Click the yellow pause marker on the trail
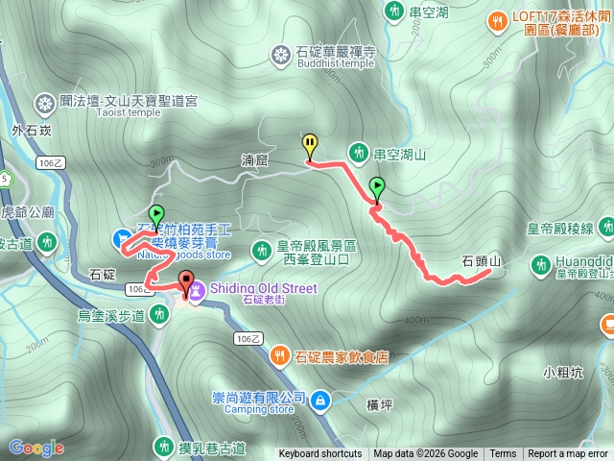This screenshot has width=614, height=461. tap(309, 145)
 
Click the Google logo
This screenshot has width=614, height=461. tap(36, 448)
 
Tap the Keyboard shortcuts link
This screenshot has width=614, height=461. tap(319, 454)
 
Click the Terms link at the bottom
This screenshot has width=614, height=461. tap(503, 454)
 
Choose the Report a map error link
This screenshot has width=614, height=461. tap(568, 454)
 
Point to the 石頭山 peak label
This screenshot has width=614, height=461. tap(482, 261)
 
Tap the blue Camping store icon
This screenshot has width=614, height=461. tap(319, 399)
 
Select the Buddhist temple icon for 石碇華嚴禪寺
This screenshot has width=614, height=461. tap(280, 54)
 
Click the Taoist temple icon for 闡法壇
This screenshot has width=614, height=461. tap(44, 102)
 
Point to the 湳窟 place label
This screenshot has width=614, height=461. tap(254, 161)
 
